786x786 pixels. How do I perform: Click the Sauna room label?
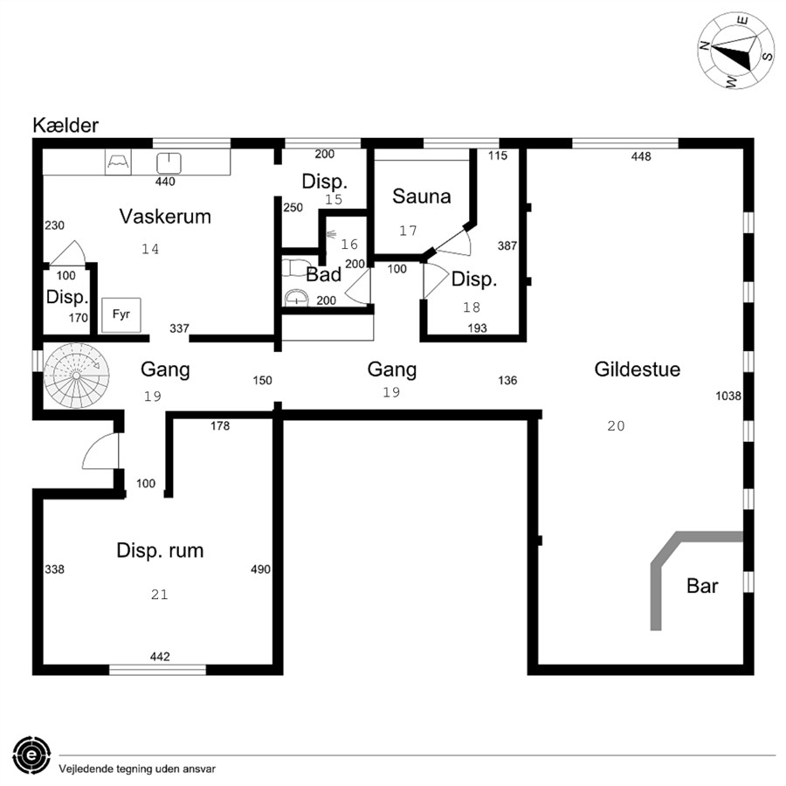pos(421,196)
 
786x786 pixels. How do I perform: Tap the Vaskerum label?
pos(165,217)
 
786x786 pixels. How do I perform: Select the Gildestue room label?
pos(638,369)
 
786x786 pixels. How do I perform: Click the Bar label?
pos(702,586)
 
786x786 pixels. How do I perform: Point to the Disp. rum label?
pos(160,550)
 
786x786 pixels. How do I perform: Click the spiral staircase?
pos(76,376)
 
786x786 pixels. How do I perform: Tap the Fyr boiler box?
pos(121,314)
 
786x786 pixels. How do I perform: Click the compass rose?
pos(736,51)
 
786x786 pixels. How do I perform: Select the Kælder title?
pos(65,125)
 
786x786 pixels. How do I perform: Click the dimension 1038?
pos(727,396)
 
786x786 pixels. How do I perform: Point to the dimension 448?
pos(641,157)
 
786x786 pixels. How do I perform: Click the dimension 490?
pos(260,569)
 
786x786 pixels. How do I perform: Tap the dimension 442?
pos(160,657)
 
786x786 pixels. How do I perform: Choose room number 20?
pos(616,426)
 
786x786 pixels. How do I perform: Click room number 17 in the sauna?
pos(408,231)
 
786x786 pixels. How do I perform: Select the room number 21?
pos(160,595)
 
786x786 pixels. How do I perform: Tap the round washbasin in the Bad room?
pos(296,299)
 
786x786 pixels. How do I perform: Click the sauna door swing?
pos(453,242)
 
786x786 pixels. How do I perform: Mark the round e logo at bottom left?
pos(31,755)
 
